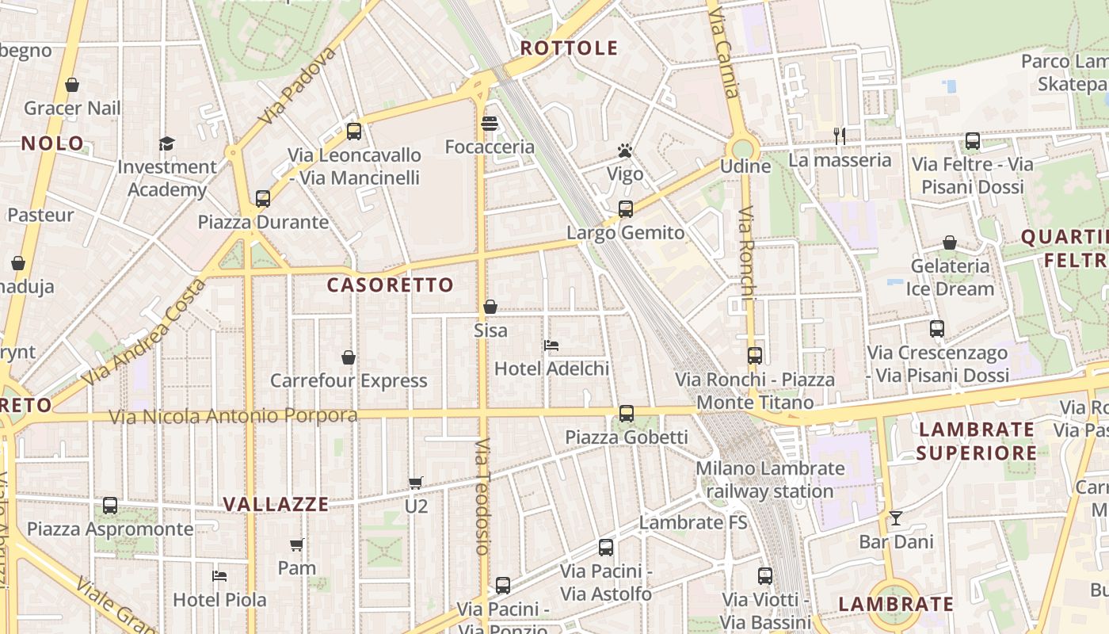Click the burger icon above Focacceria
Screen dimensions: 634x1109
point(490,124)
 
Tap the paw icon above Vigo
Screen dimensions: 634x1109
point(625,151)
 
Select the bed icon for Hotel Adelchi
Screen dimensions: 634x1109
point(551,346)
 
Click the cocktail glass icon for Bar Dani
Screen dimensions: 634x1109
point(896,518)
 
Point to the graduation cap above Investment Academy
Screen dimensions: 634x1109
point(166,143)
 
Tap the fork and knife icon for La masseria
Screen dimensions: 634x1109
point(840,136)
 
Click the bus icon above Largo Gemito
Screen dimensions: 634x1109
point(626,209)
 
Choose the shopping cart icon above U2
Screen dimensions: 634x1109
point(416,482)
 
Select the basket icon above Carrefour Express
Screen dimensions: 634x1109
point(349,357)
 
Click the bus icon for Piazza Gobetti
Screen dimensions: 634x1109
point(627,414)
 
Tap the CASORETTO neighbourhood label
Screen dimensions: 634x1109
point(391,285)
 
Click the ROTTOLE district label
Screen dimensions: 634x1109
point(569,48)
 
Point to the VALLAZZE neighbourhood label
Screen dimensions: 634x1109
point(276,504)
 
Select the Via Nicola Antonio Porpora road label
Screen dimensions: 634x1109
point(233,416)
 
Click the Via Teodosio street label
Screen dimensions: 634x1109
point(483,496)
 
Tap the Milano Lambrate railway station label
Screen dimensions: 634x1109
point(770,479)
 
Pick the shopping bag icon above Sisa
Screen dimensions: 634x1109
point(490,307)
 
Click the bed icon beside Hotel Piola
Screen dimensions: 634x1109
point(219,576)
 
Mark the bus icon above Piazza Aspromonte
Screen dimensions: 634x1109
point(110,506)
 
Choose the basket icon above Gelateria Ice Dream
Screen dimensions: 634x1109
point(949,243)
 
